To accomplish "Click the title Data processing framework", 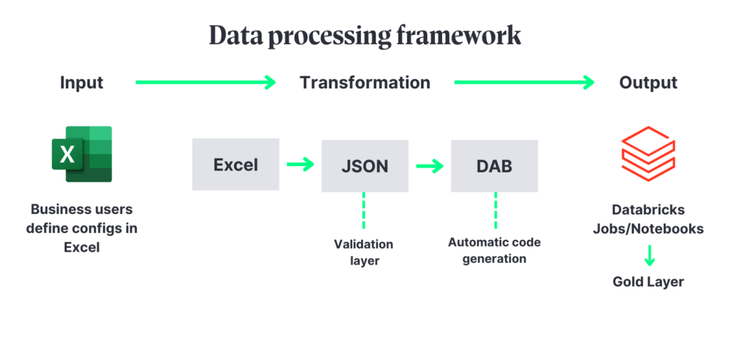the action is pos(365,36).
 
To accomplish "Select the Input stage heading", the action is pos(81,83).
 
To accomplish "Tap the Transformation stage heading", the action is pos(365,83).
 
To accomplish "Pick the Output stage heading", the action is pos(648,83).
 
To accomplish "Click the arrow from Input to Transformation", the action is pos(206,83).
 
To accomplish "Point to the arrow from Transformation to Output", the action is pos(524,83).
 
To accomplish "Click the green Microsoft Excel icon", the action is pos(82,154).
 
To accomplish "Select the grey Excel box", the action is pos(235,164).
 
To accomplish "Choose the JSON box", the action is pos(365,166).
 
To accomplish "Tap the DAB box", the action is pos(495,166).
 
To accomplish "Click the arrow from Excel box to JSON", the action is pos(300,164).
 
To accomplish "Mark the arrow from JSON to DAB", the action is pos(430,166).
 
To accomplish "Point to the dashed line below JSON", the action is pos(364,210).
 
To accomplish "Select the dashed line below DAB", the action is pos(495,210).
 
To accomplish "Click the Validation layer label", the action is pos(364,252).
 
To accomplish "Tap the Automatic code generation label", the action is pos(495,250).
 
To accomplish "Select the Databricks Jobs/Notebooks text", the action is pos(648,220).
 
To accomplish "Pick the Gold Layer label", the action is pos(648,282).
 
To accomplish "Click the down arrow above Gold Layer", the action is pos(649,255).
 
